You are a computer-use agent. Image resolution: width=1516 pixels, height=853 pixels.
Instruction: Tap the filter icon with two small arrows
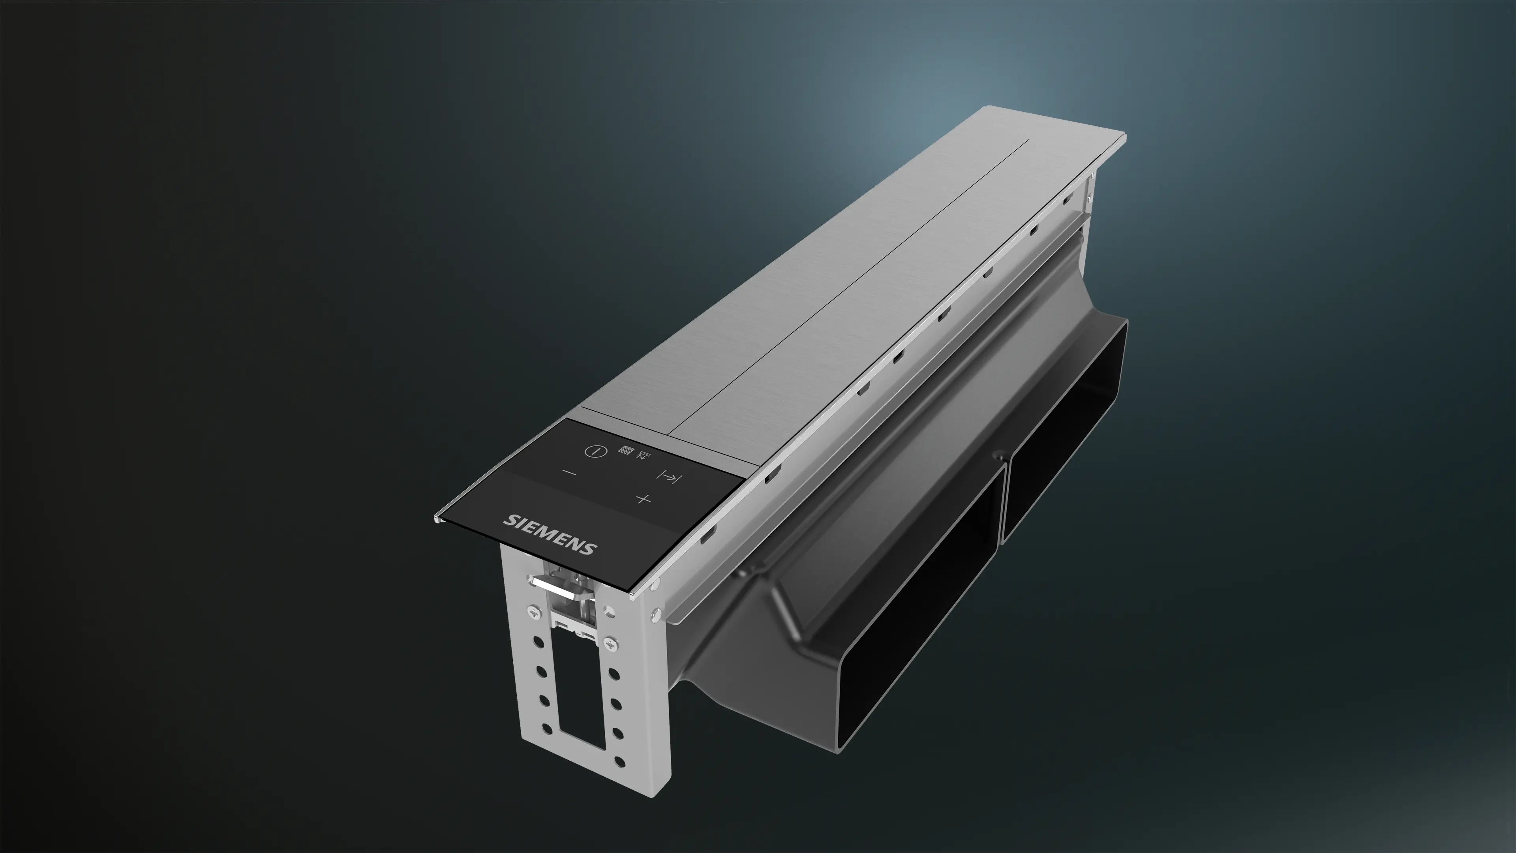tap(644, 455)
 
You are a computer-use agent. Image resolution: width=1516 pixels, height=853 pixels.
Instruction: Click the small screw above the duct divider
tap(998, 455)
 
